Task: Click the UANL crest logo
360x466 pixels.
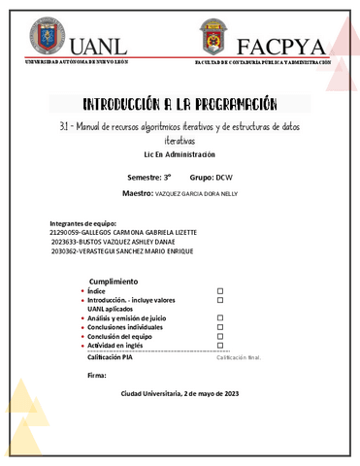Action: pyautogui.click(x=44, y=37)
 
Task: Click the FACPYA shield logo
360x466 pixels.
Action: pyautogui.click(x=214, y=37)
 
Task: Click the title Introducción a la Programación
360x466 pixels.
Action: pyautogui.click(x=180, y=103)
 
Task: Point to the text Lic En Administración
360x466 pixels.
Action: pyautogui.click(x=180, y=154)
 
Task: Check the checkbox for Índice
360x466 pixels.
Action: pyautogui.click(x=220, y=290)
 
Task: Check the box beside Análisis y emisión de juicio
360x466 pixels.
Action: pyautogui.click(x=220, y=317)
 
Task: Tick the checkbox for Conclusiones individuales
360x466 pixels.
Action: pyautogui.click(x=220, y=326)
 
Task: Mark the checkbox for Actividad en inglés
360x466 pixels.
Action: pyautogui.click(x=220, y=345)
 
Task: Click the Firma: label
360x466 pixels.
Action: pyautogui.click(x=96, y=374)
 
